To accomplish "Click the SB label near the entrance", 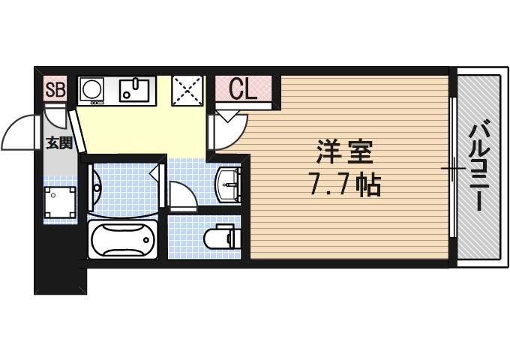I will pos(55,90).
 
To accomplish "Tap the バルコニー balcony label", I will pos(477,166).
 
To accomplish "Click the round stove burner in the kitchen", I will pos(92,89).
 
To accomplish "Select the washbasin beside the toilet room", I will pos(228,184).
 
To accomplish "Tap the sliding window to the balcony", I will pos(453,169).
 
